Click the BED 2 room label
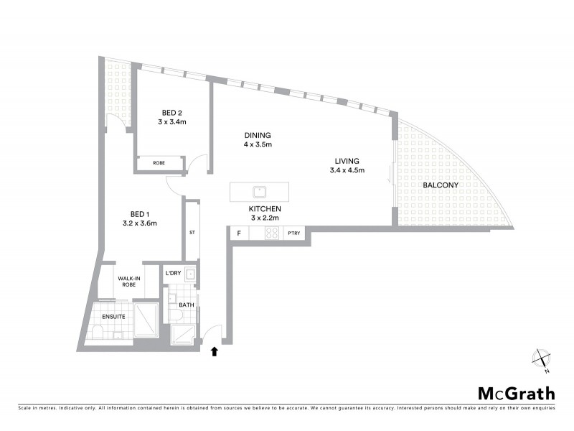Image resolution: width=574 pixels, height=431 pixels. coord(172,113)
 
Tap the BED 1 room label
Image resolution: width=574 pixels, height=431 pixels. coord(139,213)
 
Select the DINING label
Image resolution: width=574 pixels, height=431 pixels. coord(258,135)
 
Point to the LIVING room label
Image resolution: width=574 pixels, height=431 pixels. coord(347,161)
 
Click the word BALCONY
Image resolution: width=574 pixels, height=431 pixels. coord(440,185)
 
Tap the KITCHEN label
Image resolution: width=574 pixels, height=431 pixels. coord(265,208)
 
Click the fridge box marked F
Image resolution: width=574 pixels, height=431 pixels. coord(238,233)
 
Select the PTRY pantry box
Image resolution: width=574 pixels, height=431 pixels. coord(294,233)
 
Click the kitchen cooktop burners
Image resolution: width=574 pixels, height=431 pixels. coord(273,233)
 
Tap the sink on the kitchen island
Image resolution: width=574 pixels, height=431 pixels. coord(258,193)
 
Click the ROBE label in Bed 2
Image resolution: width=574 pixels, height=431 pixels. coord(159,164)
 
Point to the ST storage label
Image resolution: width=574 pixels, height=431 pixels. coord(192,233)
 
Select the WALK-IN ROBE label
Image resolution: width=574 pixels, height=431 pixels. coord(129,282)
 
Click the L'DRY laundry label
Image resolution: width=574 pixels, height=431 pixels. coord(173,274)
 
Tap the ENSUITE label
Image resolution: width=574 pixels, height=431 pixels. coord(113,315)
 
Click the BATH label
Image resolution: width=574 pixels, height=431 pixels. coord(186,305)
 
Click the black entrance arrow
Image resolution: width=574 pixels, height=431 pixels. coord(213,351)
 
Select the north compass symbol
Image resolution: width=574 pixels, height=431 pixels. coord(541,361)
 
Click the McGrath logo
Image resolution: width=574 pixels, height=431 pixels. coord(516,393)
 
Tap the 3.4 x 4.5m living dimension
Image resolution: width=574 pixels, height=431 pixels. coord(347,170)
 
